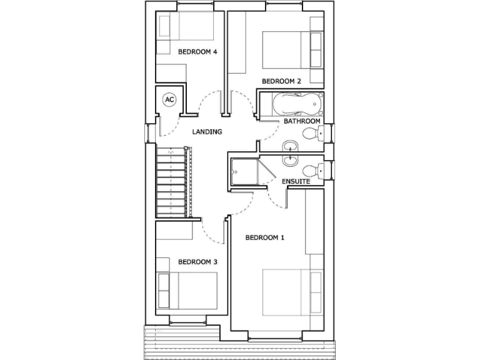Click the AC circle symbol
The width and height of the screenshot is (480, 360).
tap(169, 99)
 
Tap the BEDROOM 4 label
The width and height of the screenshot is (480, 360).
tap(197, 52)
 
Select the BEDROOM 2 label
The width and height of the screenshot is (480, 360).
tap(281, 81)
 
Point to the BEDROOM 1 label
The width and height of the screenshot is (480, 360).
tap(264, 237)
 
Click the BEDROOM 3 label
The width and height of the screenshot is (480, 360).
tap(197, 262)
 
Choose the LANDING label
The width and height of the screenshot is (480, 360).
tap(207, 132)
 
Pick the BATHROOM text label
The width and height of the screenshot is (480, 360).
tap(302, 121)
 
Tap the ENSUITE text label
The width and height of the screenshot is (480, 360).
tap(296, 182)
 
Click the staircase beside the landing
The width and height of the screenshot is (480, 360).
tap(171, 182)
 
